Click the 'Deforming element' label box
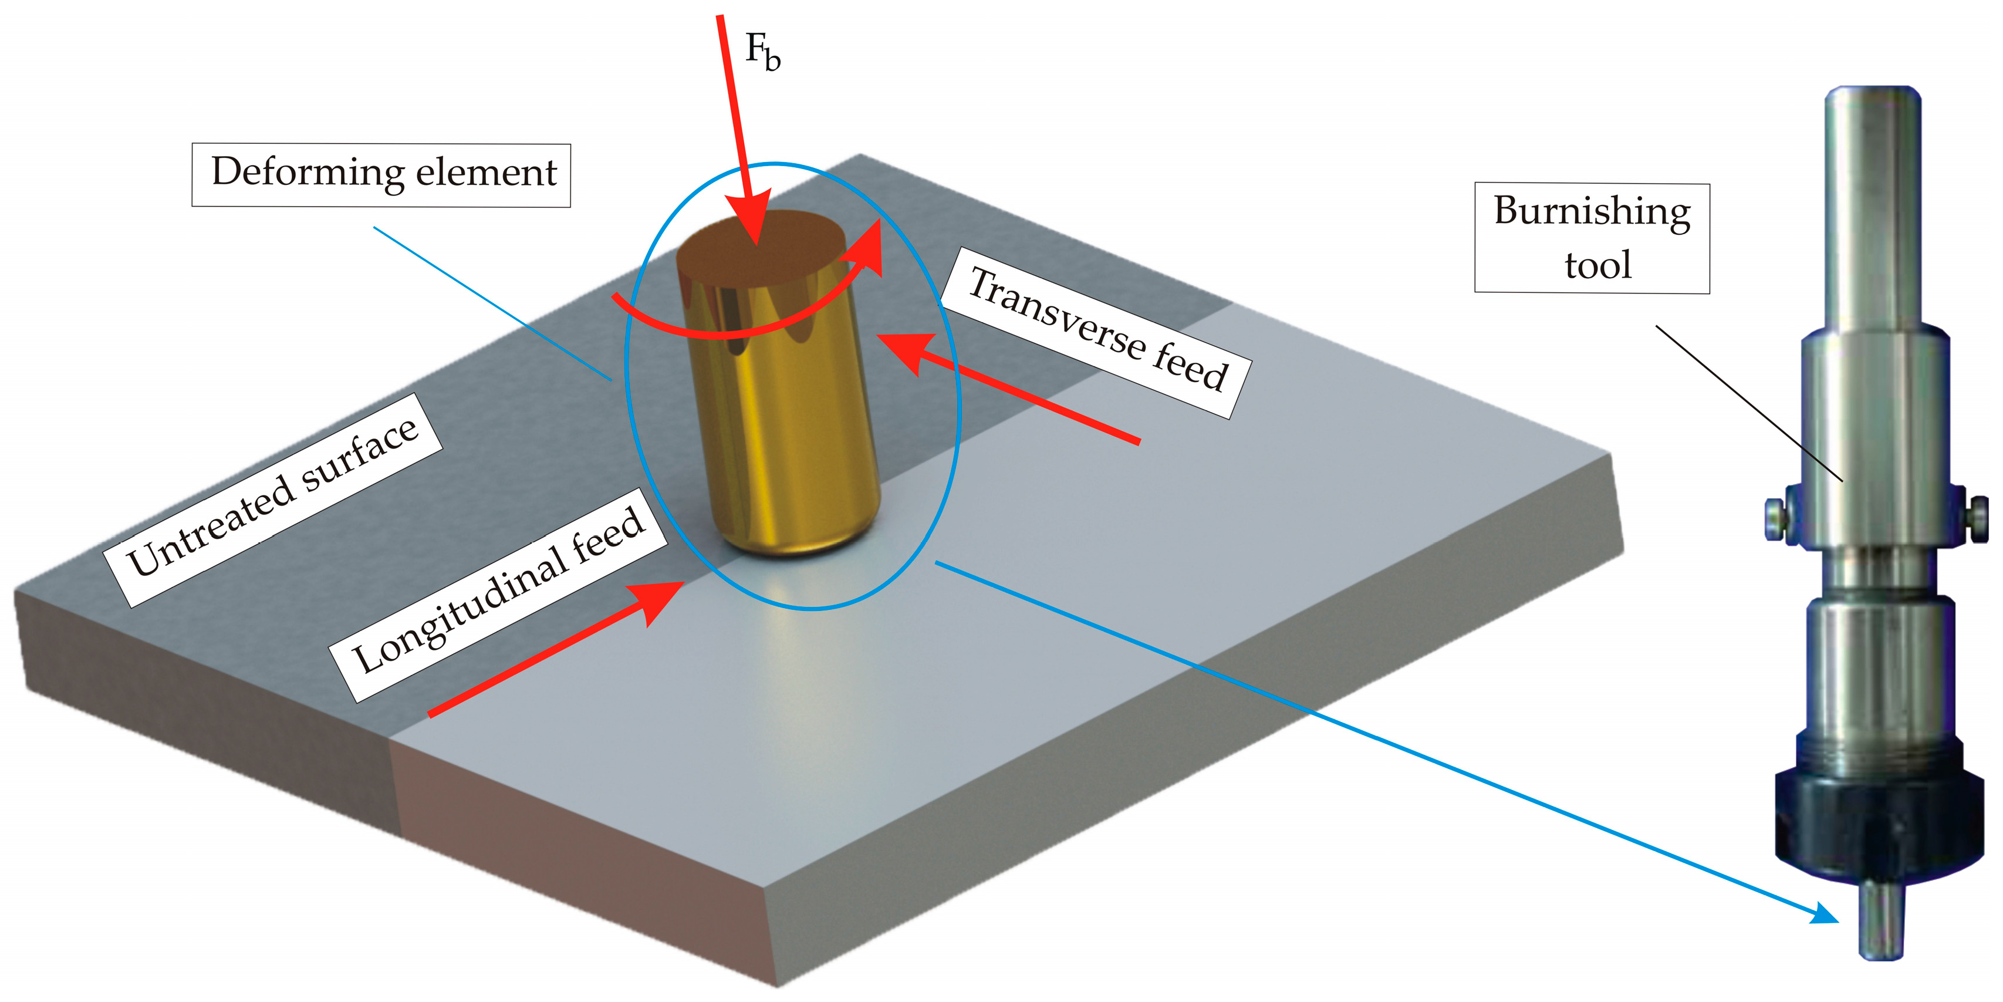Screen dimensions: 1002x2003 [x=381, y=174]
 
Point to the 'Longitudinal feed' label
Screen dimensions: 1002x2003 [x=498, y=595]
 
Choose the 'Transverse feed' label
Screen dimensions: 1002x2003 [x=1096, y=332]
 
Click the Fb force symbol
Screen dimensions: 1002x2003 [x=762, y=53]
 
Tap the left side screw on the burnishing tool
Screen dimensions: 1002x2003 [x=1776, y=517]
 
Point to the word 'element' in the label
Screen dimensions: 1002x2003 [x=487, y=173]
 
